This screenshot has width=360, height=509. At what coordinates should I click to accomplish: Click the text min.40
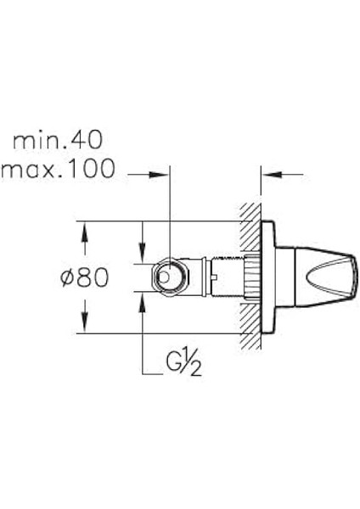point(58,140)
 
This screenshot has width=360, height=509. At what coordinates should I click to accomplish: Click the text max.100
point(58,169)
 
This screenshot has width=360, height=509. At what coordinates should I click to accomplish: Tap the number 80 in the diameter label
point(93,277)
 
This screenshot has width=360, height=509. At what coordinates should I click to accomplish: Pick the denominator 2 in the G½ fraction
point(196,369)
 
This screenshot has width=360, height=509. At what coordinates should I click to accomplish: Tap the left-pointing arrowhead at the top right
point(272,175)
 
